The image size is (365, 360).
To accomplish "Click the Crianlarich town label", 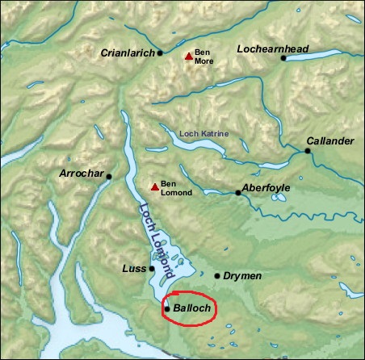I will [128, 53].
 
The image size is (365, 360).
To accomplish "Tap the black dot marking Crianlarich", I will [160, 53].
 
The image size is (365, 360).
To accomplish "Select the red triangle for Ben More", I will [188, 56].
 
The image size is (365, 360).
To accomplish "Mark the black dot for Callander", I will [308, 150].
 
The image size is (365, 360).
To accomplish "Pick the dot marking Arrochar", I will [109, 176].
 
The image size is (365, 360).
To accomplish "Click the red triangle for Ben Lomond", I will [153, 187].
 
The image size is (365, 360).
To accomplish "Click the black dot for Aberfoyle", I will [237, 193].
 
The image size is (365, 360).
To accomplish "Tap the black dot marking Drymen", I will [217, 276].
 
